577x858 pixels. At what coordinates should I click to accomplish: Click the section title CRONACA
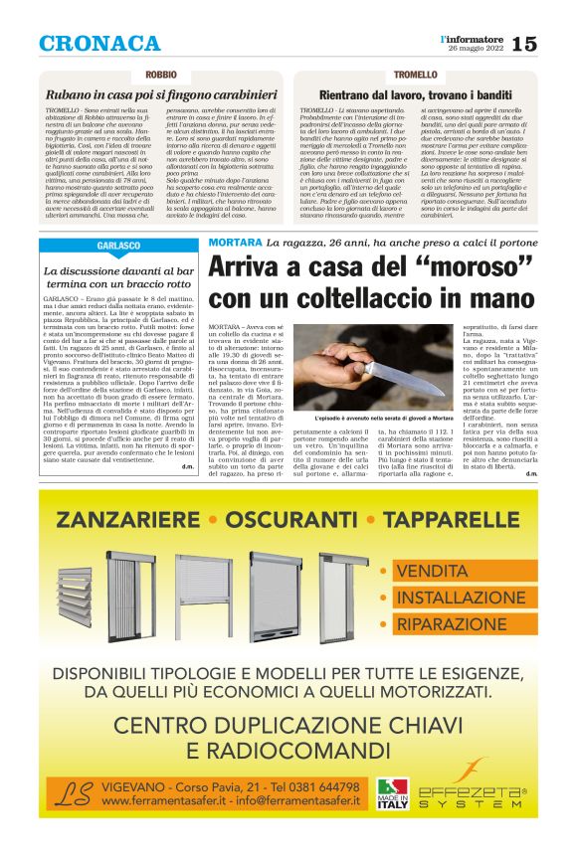click(99, 43)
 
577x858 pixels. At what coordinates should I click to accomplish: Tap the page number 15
click(524, 44)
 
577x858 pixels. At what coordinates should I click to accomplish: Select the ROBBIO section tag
click(161, 76)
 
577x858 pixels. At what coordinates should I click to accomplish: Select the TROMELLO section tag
click(415, 76)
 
